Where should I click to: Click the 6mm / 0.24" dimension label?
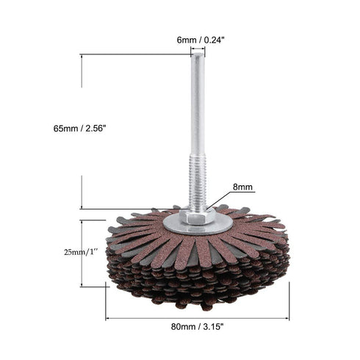[x=197, y=41]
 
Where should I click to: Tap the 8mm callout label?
[x=243, y=188]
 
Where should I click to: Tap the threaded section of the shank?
[x=198, y=184]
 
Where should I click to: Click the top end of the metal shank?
[x=198, y=57]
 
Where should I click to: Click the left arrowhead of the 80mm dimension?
[x=109, y=318]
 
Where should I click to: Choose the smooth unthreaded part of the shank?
[x=198, y=110]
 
